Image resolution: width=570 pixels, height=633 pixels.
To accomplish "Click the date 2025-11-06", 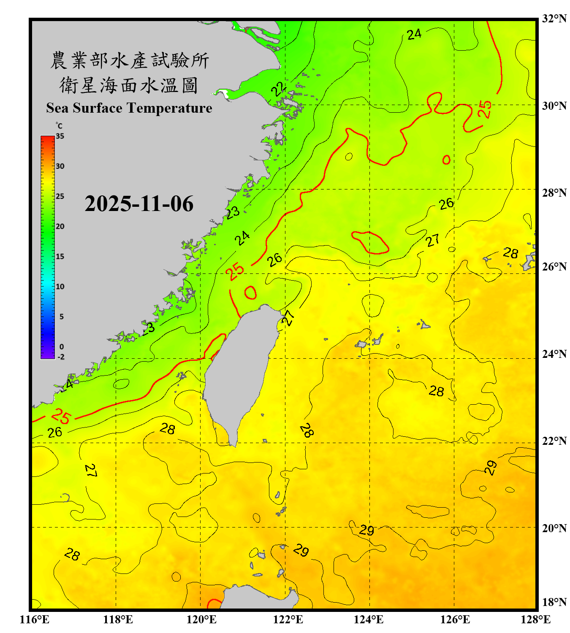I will pyautogui.click(x=139, y=204).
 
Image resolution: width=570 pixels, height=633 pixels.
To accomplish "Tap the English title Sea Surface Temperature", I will pyautogui.click(x=129, y=108).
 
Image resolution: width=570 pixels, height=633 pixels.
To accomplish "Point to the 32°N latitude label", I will pyautogui.click(x=554, y=19).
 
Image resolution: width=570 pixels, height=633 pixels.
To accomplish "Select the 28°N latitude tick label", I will pyautogui.click(x=554, y=193).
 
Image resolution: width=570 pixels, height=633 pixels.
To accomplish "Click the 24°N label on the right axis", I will pyautogui.click(x=554, y=354).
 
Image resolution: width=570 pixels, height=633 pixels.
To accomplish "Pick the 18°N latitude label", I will pyautogui.click(x=554, y=602).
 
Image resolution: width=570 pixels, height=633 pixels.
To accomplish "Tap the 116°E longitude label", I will pyautogui.click(x=35, y=619).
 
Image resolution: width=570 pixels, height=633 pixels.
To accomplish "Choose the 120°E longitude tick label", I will pyautogui.click(x=201, y=619).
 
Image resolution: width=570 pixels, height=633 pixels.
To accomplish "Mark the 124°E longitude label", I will pyautogui.click(x=369, y=619).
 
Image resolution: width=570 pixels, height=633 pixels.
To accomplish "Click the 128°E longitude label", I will pyautogui.click(x=535, y=619).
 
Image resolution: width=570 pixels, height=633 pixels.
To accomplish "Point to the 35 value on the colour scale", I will pyautogui.click(x=60, y=136).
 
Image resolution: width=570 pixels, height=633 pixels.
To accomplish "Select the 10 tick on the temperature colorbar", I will pyautogui.click(x=60, y=287).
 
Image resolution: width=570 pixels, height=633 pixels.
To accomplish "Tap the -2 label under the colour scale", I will pyautogui.click(x=61, y=357).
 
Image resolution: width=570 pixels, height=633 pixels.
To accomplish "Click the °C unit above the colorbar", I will pyautogui.click(x=59, y=126).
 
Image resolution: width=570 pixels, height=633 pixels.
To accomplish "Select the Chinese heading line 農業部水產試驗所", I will pyautogui.click(x=129, y=60).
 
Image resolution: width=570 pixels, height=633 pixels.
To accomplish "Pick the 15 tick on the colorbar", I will pyautogui.click(x=60, y=257).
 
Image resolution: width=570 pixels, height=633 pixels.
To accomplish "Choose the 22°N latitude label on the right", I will pyautogui.click(x=554, y=441).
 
